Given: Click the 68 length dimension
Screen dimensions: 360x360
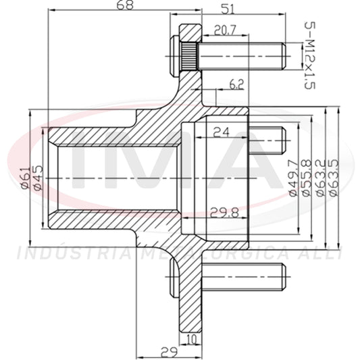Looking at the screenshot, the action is click(x=125, y=5).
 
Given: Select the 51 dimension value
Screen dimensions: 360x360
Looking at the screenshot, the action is click(x=228, y=9).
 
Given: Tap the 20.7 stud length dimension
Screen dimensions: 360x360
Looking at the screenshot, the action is click(x=225, y=30).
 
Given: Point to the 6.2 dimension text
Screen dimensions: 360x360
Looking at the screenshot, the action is click(x=236, y=84).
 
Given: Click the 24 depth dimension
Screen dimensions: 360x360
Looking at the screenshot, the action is click(x=221, y=132).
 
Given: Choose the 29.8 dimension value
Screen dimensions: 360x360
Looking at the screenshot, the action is click(x=224, y=213).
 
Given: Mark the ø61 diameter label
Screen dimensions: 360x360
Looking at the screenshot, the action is click(x=26, y=178).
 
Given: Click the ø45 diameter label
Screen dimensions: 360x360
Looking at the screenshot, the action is click(x=38, y=178).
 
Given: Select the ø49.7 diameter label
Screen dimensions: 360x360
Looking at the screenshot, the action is click(x=293, y=178).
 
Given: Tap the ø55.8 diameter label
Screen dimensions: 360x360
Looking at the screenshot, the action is click(x=307, y=178).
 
